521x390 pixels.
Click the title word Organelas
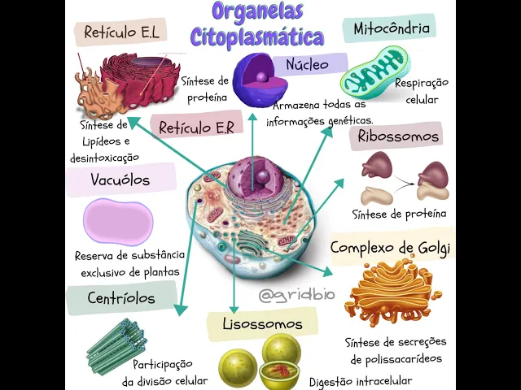[257, 12]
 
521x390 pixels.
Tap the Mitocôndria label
[391, 29]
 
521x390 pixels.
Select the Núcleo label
[307, 64]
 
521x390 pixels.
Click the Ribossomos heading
[398, 136]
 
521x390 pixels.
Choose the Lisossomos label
[262, 324]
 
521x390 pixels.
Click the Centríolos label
[121, 298]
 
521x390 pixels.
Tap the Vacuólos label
[120, 180]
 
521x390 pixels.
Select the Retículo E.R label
[196, 128]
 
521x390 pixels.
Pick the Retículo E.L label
[121, 32]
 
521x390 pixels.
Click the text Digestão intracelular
[361, 380]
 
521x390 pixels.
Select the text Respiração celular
[422, 91]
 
